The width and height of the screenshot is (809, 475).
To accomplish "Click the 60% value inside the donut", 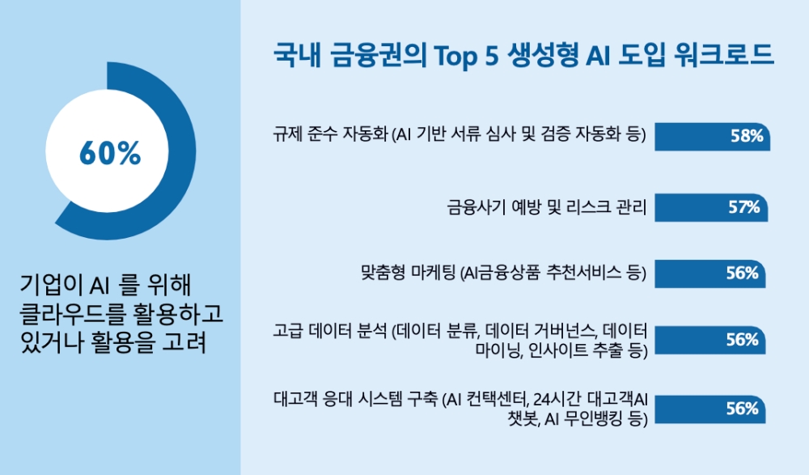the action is (110, 153).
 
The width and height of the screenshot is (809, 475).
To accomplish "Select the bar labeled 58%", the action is (713, 137).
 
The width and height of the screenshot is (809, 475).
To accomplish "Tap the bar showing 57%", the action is (711, 207).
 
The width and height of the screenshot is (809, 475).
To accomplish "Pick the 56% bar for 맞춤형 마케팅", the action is (710, 274).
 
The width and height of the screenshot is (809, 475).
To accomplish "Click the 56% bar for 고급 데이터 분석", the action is (710, 340).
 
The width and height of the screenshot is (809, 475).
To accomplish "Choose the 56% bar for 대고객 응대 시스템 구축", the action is (710, 409).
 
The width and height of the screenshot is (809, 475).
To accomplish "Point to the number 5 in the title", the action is (492, 55).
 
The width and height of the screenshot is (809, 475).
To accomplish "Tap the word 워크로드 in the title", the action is (724, 54).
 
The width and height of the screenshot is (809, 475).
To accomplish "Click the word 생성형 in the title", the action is (544, 55).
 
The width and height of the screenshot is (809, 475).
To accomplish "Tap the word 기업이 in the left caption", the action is (50, 285).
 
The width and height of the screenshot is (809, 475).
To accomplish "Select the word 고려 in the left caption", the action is (184, 341).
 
